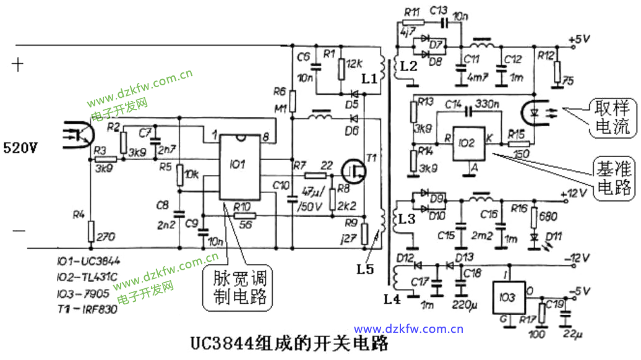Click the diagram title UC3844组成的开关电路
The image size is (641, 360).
click(x=290, y=343)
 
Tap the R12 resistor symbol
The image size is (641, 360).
click(x=557, y=72)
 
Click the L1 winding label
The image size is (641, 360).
click(x=369, y=79)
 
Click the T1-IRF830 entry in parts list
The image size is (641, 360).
click(x=90, y=311)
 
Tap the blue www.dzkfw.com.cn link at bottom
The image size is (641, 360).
click(x=408, y=329)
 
